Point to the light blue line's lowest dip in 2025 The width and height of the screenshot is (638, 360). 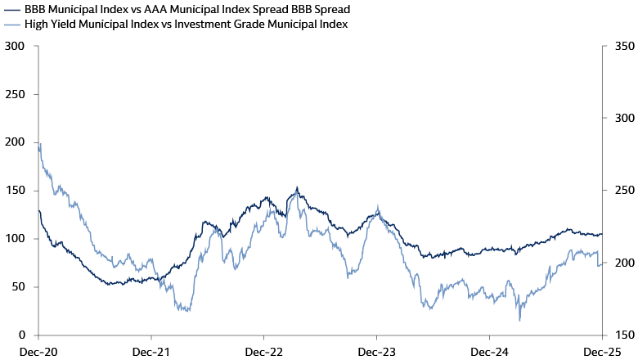click(519, 320)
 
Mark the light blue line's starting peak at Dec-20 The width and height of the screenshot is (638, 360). click(40, 144)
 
